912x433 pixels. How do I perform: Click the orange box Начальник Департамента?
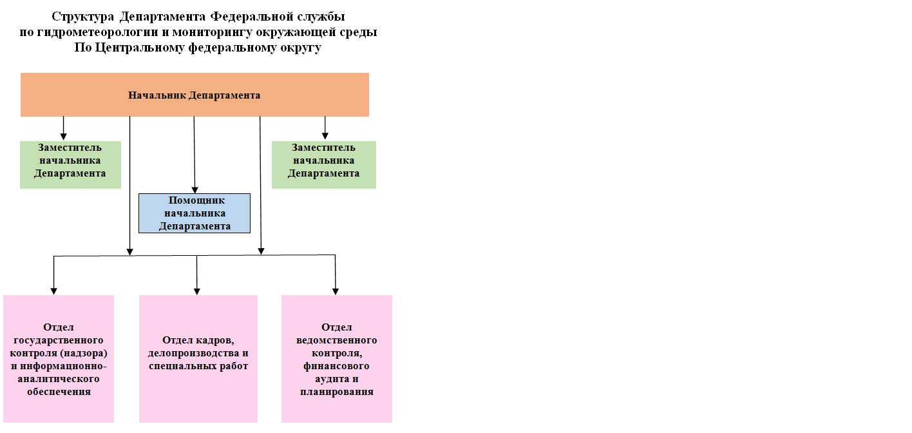195,95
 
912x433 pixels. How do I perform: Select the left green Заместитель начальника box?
70,165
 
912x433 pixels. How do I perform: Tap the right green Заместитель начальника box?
324,165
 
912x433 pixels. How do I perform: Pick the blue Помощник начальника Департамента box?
195,213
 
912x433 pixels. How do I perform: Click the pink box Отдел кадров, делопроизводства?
198,359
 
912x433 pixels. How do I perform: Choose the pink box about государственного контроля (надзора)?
59,359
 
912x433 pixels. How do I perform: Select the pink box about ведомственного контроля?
337,359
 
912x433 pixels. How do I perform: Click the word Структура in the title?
83,17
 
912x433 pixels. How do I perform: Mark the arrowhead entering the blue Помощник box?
195,190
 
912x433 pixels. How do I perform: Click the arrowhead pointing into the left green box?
63,137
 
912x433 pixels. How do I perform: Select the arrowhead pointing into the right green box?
325,136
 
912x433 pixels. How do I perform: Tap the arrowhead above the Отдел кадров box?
196,291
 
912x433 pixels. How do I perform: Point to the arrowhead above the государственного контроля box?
53,291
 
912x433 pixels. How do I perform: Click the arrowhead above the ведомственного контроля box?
336,291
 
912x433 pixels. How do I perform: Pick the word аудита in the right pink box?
331,380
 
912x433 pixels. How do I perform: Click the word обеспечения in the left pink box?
59,392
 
